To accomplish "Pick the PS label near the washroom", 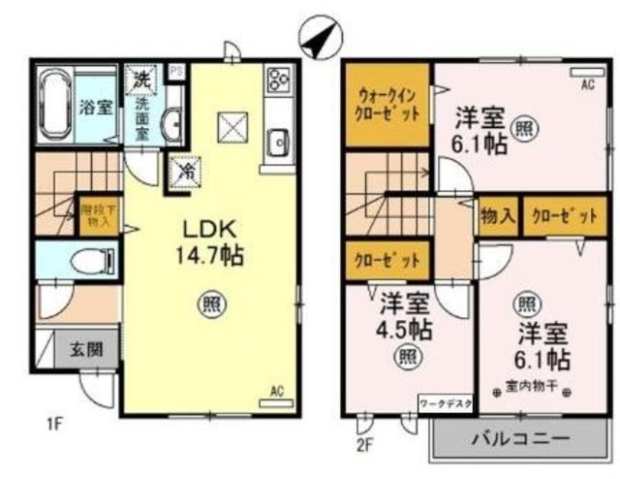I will pyautogui.click(x=175, y=71).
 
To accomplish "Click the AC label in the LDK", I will pyautogui.click(x=274, y=391).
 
